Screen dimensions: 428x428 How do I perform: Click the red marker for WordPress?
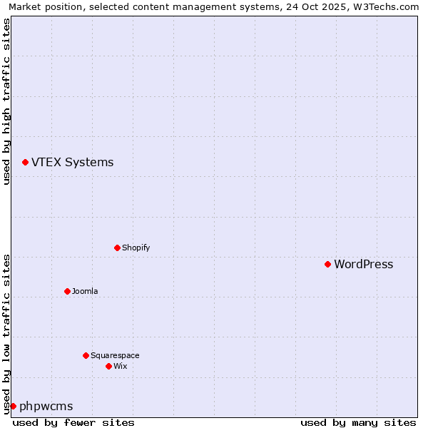point(327,264)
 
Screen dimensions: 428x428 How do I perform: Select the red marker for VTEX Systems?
point(25,163)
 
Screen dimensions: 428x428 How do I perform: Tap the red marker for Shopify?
point(117,248)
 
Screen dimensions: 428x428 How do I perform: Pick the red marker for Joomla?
point(67,291)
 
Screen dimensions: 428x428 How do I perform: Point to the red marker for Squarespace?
point(86,355)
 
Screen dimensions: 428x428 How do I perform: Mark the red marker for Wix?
point(108,366)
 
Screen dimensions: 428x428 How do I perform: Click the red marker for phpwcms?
point(13,406)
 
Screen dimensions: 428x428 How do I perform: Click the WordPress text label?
point(363,265)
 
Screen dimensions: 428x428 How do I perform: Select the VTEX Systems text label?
point(72,163)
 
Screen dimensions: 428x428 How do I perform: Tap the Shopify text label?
point(136,248)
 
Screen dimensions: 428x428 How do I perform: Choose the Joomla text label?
point(85,292)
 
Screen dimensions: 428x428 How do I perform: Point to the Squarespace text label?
point(115,356)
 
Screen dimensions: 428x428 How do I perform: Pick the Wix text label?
point(120,367)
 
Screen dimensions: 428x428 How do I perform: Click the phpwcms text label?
point(46,407)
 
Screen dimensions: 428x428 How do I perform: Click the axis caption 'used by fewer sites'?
point(73,422)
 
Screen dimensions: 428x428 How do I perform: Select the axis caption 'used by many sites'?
point(358,422)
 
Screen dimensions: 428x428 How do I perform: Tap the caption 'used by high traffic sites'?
point(7,101)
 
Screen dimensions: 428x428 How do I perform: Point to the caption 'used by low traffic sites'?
point(7,334)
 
